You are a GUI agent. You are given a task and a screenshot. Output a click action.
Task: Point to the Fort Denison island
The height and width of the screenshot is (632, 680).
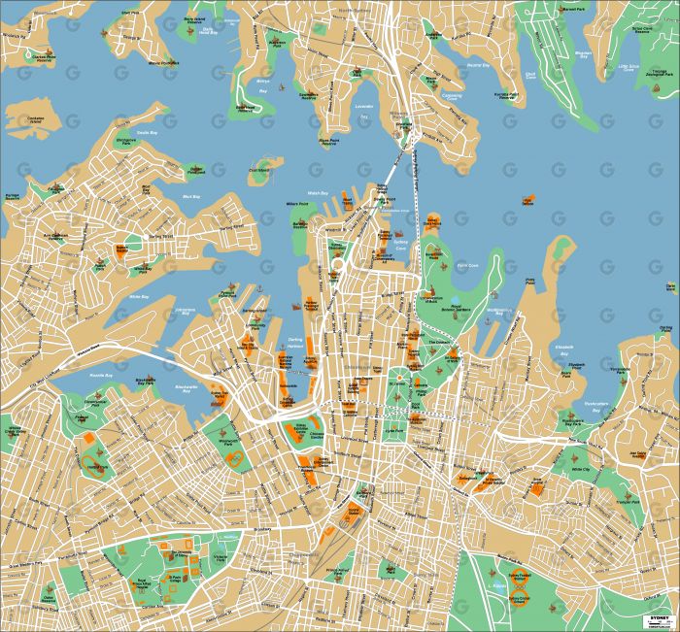[528, 201]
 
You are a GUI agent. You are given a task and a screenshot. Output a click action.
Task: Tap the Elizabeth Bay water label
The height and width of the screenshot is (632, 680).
[564, 349]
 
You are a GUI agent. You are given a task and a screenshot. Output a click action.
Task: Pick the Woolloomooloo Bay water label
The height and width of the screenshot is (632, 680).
[497, 312]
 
